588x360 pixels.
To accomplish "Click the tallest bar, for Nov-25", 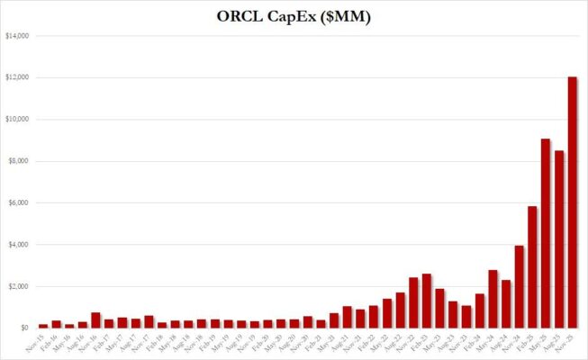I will [x=572, y=202].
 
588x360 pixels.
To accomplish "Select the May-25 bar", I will [x=546, y=233].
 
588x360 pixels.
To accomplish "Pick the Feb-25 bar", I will [x=532, y=266].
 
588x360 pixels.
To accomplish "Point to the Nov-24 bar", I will [x=520, y=286].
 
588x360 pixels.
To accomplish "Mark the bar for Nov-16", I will [x=95, y=319].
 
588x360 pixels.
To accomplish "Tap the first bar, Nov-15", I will [x=42, y=325].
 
